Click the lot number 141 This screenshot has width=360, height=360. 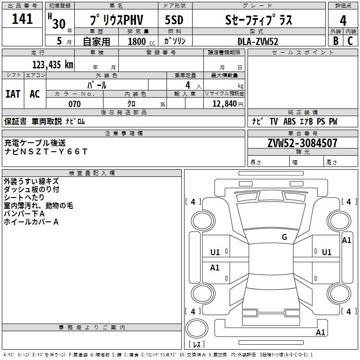click(22, 19)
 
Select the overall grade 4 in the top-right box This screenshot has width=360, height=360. click(343, 21)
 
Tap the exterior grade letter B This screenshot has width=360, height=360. click(336, 41)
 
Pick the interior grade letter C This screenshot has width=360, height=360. click(350, 41)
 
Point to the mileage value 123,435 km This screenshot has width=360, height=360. click(53, 65)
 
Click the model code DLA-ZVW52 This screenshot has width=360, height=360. click(258, 41)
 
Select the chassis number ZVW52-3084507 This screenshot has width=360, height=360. click(302, 143)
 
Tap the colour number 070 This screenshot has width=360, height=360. click(75, 104)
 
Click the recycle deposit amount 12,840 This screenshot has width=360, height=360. click(225, 104)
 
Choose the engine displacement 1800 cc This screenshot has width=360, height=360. click(141, 41)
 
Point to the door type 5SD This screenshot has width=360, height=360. click(174, 20)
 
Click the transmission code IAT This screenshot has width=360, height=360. click(13, 94)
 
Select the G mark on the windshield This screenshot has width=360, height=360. click(284, 237)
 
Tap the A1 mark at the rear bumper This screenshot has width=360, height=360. click(320, 332)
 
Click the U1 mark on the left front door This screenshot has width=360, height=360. click(215, 252)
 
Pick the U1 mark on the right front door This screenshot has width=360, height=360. click(327, 252)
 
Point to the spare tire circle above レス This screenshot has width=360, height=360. click(197, 328)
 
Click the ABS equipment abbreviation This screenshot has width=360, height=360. click(289, 121)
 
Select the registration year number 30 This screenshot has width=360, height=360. click(59, 24)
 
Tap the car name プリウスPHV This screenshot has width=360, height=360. click(117, 20)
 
